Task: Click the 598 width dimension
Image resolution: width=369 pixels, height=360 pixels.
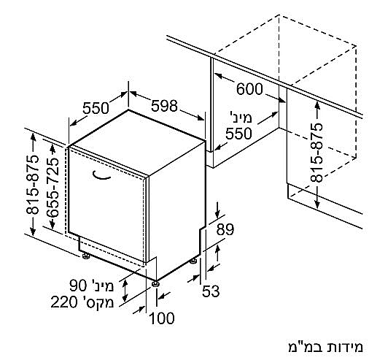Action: tap(164, 106)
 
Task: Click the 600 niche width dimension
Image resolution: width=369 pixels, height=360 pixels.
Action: tap(249, 89)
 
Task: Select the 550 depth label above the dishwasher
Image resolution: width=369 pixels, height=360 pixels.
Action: tap(96, 108)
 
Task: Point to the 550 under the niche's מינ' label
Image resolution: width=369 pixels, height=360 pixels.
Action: tap(238, 134)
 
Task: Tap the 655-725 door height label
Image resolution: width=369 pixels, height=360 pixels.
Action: tap(53, 188)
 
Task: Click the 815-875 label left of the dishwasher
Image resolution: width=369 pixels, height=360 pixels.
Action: tap(33, 185)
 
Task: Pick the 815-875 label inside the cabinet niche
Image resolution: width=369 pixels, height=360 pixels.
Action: tap(316, 153)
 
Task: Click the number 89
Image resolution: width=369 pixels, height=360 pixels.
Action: tap(225, 229)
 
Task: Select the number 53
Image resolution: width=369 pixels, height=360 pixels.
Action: tap(211, 291)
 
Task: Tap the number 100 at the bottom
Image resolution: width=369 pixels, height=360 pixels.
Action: tap(162, 318)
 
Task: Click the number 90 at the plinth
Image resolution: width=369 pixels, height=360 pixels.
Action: tap(79, 286)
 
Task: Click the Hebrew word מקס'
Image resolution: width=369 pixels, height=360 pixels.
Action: tap(97, 302)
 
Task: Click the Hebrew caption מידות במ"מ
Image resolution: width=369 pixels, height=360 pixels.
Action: tap(325, 347)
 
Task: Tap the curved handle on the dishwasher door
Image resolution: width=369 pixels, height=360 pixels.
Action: tap(101, 176)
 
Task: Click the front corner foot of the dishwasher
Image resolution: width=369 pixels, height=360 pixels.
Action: tap(155, 284)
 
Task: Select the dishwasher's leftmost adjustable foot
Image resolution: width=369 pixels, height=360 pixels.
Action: tap(86, 256)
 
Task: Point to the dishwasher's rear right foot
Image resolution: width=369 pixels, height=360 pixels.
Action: tap(193, 261)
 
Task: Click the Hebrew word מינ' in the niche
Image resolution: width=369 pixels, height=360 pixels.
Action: tap(241, 118)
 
